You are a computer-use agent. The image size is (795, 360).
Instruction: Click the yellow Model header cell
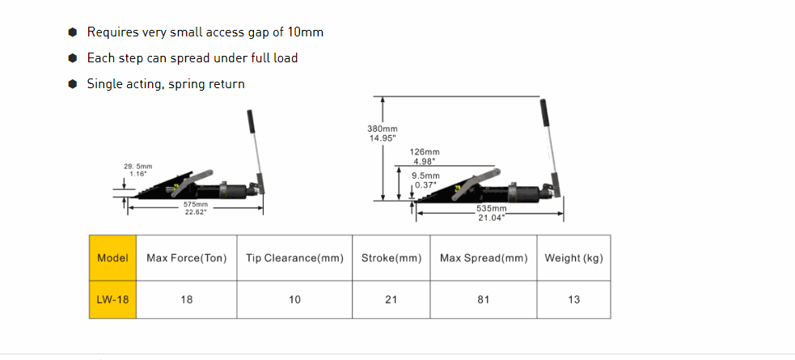[112, 257]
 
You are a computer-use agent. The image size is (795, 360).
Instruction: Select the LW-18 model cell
[112, 299]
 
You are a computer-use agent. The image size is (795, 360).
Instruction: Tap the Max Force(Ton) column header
[187, 257]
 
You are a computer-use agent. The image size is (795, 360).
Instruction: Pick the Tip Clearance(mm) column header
[294, 257]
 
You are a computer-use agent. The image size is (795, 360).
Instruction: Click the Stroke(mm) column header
[391, 257]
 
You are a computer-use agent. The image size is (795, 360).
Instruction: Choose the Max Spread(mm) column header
[484, 257]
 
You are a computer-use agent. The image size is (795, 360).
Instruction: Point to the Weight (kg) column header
[574, 257]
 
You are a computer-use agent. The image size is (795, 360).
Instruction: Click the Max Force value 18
[187, 299]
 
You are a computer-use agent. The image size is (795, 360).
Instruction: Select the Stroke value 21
[391, 299]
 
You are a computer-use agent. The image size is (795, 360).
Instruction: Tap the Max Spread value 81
[484, 299]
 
